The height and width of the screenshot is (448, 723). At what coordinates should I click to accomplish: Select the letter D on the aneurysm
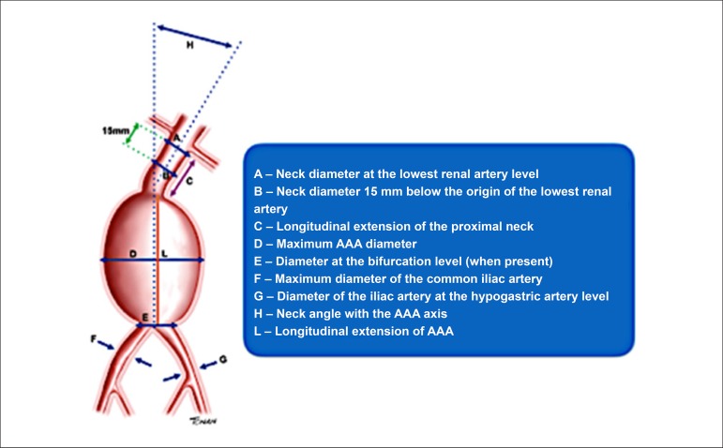[133, 253]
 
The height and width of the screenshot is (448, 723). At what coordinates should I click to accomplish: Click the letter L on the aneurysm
[165, 253]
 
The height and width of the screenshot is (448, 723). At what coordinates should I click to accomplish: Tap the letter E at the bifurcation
[143, 317]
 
